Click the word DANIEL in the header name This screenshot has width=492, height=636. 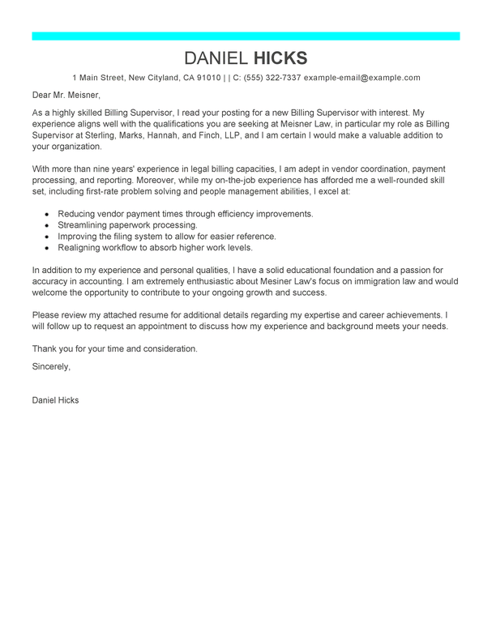[216, 58]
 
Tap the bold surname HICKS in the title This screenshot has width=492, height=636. [281, 58]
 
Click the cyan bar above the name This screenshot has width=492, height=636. [246, 36]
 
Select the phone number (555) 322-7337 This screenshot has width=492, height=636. [273, 78]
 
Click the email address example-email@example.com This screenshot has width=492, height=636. [362, 78]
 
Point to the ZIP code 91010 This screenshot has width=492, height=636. [209, 78]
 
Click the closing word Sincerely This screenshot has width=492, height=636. [51, 366]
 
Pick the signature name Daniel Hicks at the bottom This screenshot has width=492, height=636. [56, 400]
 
